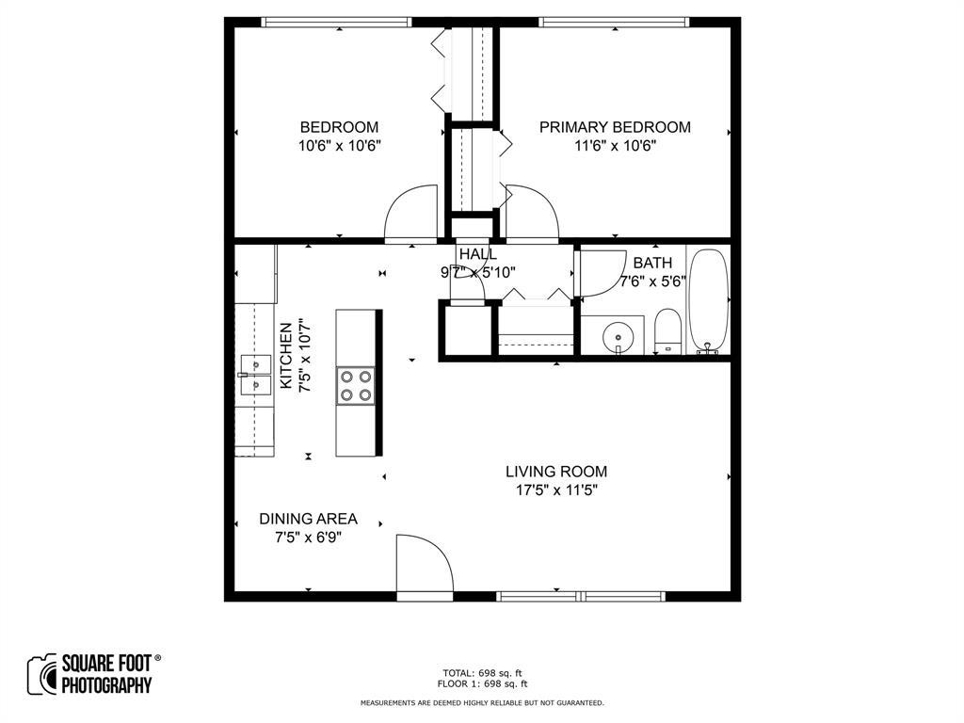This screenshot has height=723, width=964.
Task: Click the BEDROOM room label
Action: click(x=339, y=127)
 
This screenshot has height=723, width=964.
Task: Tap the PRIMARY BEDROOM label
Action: click(x=615, y=127)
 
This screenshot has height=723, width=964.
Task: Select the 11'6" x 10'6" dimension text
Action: click(x=615, y=146)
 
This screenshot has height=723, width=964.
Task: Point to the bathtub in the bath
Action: click(x=708, y=301)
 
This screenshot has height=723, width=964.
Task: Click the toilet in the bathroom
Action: click(x=667, y=330)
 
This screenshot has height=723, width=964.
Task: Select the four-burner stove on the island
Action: click(x=356, y=385)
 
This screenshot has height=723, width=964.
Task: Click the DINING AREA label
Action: click(x=308, y=519)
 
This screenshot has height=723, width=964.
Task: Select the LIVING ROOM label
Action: click(x=556, y=472)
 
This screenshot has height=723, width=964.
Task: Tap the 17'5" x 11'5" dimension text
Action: click(x=556, y=490)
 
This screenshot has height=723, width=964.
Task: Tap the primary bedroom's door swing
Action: click(x=532, y=211)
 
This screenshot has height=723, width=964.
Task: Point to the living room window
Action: click(x=582, y=595)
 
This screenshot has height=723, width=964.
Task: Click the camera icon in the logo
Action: click(x=42, y=674)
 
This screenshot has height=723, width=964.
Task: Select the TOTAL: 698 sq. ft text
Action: click(x=482, y=673)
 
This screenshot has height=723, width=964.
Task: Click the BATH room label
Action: click(x=651, y=263)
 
